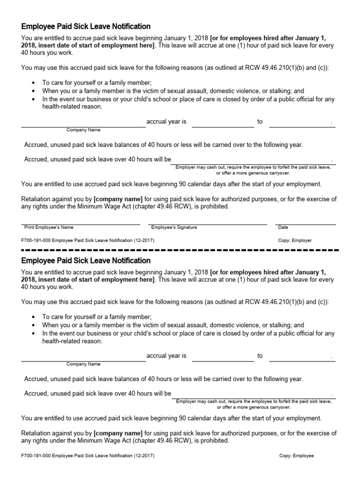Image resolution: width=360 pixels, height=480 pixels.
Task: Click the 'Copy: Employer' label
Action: tap(295, 240)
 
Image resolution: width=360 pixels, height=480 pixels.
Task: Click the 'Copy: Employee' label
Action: tap(296, 455)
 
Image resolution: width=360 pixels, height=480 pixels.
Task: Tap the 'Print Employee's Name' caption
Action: tap(49, 227)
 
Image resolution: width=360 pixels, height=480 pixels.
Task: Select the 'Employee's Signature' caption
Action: tap(174, 227)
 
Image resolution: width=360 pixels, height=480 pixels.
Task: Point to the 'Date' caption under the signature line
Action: tap(283, 227)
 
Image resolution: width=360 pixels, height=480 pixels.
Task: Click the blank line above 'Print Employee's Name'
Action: tap(80, 225)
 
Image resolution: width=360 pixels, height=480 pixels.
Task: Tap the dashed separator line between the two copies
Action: tap(180, 250)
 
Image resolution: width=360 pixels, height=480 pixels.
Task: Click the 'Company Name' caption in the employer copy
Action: tap(83, 130)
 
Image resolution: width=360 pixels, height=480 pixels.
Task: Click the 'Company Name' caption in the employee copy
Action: tap(83, 364)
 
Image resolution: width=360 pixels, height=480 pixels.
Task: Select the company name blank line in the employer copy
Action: tap(83, 126)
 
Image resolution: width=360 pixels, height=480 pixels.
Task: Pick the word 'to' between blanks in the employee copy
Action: tap(260, 356)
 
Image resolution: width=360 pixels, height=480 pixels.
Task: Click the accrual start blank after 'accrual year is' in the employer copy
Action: tap(223, 126)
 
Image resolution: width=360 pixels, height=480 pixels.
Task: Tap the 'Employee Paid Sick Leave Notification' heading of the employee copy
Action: tap(86, 261)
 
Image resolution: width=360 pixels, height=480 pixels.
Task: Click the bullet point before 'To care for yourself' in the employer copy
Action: tap(33, 82)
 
